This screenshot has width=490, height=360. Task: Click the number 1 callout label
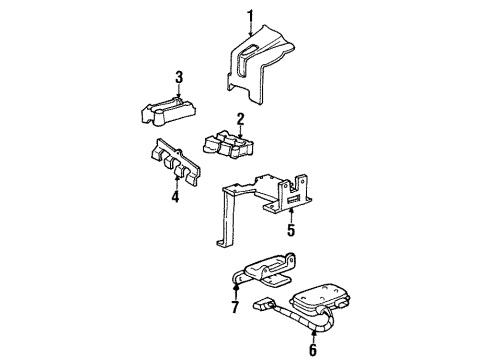tap(252, 13)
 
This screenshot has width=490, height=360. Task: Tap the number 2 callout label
tap(240, 121)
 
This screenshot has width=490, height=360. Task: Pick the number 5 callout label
tap(290, 228)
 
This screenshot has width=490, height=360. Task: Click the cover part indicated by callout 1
tap(262, 70)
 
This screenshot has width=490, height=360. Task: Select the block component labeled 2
tap(230, 148)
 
